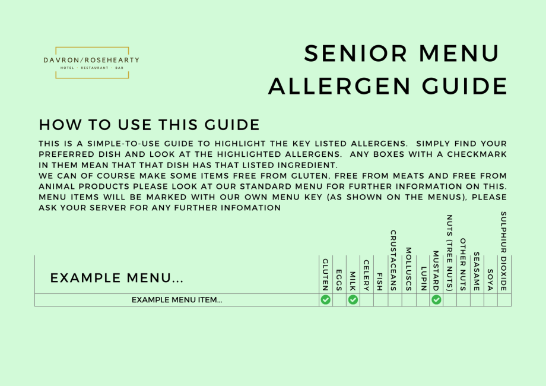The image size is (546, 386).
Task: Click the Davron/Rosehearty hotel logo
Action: pyautogui.click(x=91, y=63)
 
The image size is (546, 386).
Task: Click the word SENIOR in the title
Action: pyautogui.click(x=355, y=53)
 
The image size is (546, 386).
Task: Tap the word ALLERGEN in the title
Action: pyautogui.click(x=339, y=86)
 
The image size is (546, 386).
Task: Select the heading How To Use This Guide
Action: pyautogui.click(x=150, y=125)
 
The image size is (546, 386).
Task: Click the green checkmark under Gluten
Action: pyautogui.click(x=326, y=300)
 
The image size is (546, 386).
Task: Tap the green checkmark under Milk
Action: pyautogui.click(x=353, y=300)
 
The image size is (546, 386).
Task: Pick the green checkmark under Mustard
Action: pyautogui.click(x=436, y=300)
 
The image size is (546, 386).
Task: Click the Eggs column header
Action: pyautogui.click(x=339, y=280)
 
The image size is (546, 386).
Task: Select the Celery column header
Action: pyautogui.click(x=366, y=275)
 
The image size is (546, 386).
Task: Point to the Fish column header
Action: pyautogui.click(x=380, y=282)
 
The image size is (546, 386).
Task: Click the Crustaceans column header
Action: pyautogui.click(x=393, y=260)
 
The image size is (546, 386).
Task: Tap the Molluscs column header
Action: pyautogui.click(x=409, y=269)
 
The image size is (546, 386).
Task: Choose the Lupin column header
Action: pyautogui.click(x=423, y=279)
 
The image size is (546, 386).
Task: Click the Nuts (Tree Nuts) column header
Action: pyautogui.click(x=449, y=253)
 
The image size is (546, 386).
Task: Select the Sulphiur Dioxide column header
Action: pyautogui.click(x=503, y=251)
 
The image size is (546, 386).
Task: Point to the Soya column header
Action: pyautogui.click(x=490, y=280)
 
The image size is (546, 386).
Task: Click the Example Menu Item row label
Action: pyautogui.click(x=177, y=300)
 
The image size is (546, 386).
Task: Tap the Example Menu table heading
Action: pyautogui.click(x=117, y=278)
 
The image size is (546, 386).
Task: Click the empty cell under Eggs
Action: pyautogui.click(x=339, y=300)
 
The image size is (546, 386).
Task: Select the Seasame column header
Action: pyautogui.click(x=477, y=271)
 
